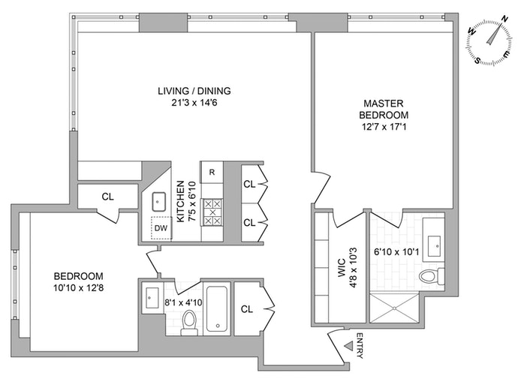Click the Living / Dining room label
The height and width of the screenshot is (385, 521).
coord(194,91)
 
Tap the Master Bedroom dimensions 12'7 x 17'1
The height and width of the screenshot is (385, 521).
coord(384,127)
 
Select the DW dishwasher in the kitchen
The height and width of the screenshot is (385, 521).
coord(161,228)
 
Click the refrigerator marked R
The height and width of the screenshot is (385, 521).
coord(212,172)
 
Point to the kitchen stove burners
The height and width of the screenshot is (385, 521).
coord(212,212)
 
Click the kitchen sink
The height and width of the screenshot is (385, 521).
coord(159,202)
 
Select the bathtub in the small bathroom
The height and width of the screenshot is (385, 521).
coord(217,308)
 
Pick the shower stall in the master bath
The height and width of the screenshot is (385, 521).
coord(394,308)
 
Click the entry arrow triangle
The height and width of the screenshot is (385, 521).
coord(348,346)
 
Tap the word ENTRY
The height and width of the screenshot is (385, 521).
coord(360,345)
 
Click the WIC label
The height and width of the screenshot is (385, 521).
coord(342,268)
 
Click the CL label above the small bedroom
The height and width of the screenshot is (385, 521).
coord(107,197)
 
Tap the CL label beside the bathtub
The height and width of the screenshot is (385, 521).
coord(246,309)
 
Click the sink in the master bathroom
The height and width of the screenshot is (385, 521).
coord(434,246)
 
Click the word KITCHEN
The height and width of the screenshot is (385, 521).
coord(180,201)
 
